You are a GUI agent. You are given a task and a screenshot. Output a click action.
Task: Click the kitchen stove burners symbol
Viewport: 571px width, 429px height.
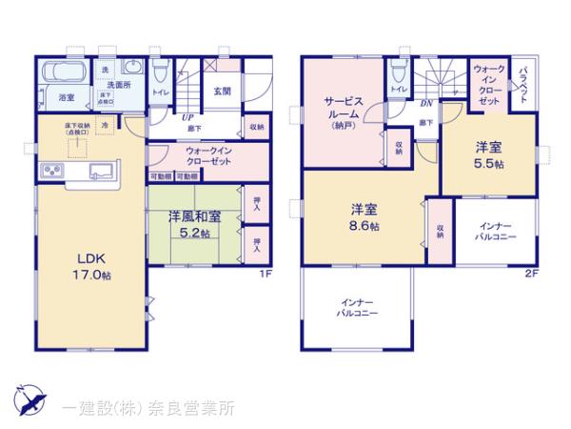(x=49, y=172)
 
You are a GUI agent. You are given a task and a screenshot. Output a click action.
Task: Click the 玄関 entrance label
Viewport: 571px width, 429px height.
(x=224, y=92)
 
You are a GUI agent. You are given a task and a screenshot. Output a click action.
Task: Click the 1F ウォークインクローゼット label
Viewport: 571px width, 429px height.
(x=207, y=156)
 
